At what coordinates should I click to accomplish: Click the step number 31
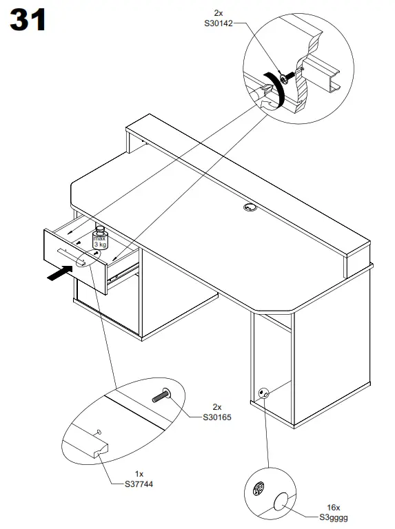28,21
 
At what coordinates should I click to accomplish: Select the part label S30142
217,23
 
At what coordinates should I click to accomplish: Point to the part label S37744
139,484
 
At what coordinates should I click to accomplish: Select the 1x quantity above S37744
139,474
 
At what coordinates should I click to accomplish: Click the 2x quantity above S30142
218,13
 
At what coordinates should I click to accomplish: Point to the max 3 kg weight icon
100,238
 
